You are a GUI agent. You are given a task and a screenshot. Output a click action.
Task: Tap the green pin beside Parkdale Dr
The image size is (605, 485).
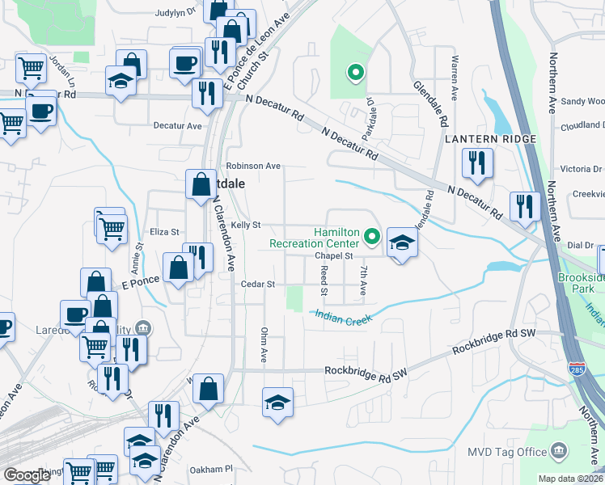pyautogui.click(x=353, y=74)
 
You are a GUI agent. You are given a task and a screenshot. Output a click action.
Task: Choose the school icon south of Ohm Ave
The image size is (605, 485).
pyautogui.click(x=277, y=403)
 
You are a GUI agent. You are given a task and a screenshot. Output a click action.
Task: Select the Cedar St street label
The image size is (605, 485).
pyautogui.click(x=259, y=285)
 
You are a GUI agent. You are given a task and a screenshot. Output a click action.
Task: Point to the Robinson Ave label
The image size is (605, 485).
pyautogui.click(x=253, y=166)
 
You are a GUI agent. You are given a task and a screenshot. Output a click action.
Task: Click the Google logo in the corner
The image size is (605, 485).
pyautogui.click(x=27, y=475)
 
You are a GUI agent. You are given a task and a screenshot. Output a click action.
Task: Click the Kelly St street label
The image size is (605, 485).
pyautogui.click(x=245, y=225)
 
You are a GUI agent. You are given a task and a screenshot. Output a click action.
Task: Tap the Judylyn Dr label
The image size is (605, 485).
pyautogui.click(x=180, y=12)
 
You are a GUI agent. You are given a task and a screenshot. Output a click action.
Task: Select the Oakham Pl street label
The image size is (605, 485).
pyautogui.click(x=210, y=469)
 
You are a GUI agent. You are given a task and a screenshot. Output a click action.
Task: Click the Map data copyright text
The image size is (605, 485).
pyautogui.click(x=569, y=479)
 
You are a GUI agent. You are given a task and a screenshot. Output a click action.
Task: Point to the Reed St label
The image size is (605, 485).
pyautogui.click(x=324, y=280)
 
